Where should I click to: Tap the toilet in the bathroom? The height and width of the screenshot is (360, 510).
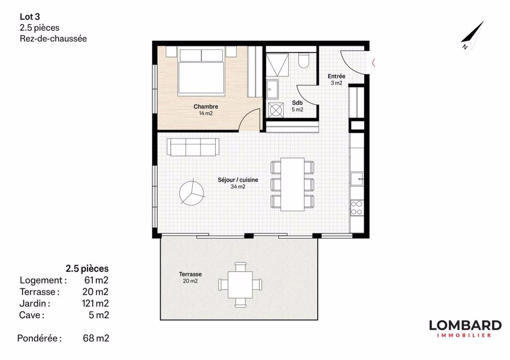pos(304,61)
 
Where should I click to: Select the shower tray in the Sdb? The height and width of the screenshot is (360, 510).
pos(278,64)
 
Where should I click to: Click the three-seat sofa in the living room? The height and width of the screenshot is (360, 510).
pos(193,147)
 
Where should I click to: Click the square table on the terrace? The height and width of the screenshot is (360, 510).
pos(240,284)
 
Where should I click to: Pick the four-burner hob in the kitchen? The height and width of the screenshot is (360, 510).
pos(356,208)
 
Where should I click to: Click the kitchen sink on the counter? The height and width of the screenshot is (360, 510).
pos(356,179)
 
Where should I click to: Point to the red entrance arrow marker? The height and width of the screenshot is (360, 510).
pos(373,63)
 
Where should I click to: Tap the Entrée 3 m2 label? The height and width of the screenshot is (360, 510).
pos(337,80)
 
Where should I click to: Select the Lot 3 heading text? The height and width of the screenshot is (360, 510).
pos(30,17)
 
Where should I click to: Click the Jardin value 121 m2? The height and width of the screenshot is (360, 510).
pos(96,303)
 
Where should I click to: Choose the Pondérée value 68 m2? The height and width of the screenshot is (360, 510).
pos(96,338)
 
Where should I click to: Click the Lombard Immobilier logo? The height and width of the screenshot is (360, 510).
pos(465,328)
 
